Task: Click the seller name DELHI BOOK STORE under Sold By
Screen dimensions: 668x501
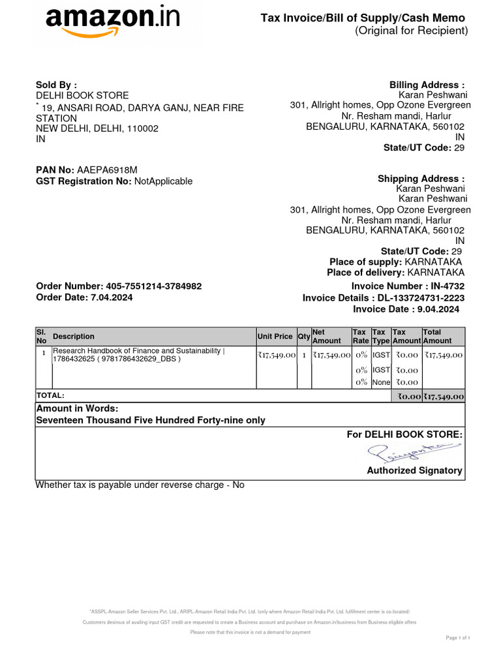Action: click(82, 95)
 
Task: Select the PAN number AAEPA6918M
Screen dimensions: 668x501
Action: click(107, 170)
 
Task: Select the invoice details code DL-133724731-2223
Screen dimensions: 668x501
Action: click(422, 297)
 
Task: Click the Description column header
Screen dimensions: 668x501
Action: click(74, 337)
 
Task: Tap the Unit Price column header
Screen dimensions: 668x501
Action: click(275, 337)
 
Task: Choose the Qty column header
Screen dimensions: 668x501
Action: click(304, 337)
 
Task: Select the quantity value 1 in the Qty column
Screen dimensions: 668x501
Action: click(304, 355)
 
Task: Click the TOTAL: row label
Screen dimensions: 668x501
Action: click(50, 395)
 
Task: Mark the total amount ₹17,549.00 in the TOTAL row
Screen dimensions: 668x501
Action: click(444, 396)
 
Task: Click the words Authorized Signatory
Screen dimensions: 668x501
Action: click(414, 470)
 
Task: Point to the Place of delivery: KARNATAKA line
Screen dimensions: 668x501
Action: click(395, 272)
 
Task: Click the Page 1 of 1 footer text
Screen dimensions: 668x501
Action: click(458, 637)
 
